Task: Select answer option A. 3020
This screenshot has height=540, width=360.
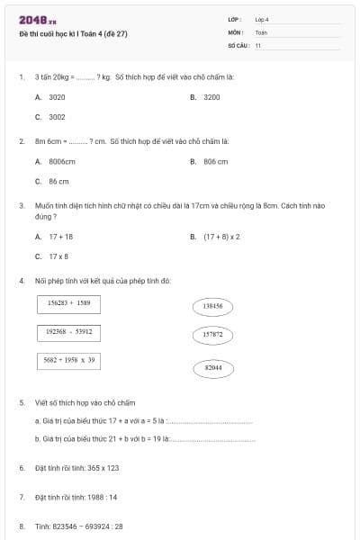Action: click(50, 96)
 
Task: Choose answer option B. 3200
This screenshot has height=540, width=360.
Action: click(206, 96)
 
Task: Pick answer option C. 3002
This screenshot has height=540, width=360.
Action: click(50, 117)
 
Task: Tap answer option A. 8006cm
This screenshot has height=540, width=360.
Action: click(55, 162)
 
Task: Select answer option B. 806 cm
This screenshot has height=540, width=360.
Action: click(209, 162)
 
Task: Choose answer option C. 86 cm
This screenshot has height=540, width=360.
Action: click(52, 182)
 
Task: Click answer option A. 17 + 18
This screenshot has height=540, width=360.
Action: click(54, 237)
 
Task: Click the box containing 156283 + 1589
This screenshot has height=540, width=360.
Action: click(68, 304)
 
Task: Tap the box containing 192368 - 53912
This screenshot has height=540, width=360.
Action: click(68, 332)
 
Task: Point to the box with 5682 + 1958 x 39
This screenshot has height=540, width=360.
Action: click(69, 360)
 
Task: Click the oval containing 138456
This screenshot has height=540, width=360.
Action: click(213, 307)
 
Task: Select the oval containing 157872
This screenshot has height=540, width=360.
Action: click(213, 335)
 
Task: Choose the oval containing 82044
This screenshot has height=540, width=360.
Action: click(213, 367)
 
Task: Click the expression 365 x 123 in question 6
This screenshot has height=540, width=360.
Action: click(100, 468)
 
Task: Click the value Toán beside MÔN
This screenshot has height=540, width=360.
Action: click(261, 31)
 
